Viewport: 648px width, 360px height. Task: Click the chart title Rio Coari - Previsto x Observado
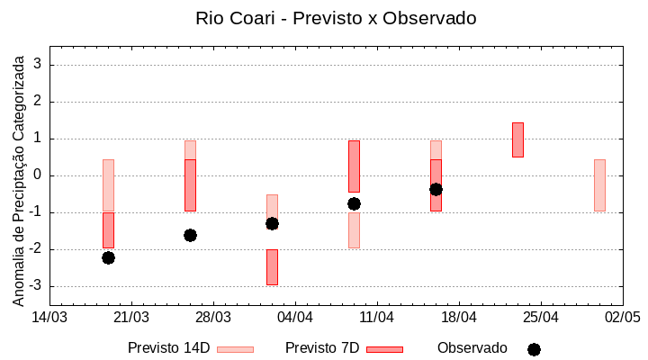[x=336, y=18]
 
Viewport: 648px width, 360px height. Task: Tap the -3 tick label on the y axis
[x=37, y=286]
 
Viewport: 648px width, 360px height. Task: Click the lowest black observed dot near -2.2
[x=108, y=257]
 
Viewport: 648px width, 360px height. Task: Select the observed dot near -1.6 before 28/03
[x=190, y=235]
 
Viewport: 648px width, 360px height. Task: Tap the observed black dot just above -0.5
[x=436, y=189]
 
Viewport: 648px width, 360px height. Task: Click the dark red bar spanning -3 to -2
[x=272, y=267]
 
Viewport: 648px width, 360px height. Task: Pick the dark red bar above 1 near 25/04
[x=517, y=139]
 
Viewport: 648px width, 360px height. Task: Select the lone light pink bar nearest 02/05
[x=599, y=184]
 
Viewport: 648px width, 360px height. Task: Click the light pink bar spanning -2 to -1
[x=354, y=230]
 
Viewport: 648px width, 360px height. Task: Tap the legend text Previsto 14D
[x=168, y=348]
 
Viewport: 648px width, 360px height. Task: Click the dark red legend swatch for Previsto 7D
[x=384, y=349]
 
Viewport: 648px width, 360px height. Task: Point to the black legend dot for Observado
[x=534, y=349]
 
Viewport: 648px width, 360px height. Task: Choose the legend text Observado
[x=472, y=348]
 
